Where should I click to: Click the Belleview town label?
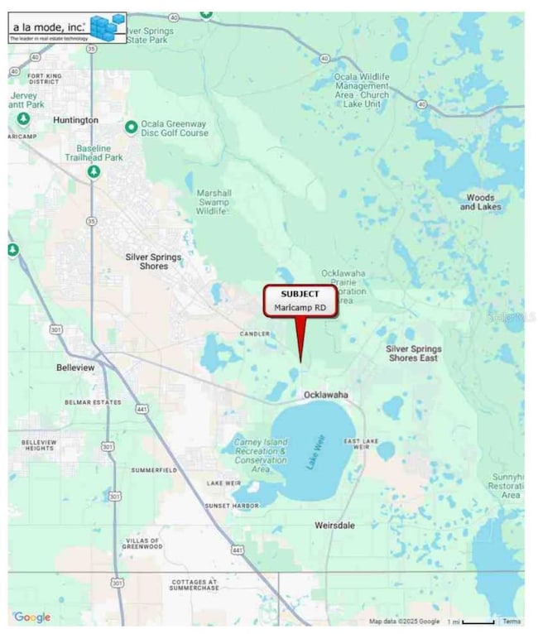pos(76,366)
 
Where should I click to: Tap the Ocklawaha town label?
pos(325,396)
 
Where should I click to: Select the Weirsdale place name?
pos(334,525)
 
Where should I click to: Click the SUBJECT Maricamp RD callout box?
pos(300,300)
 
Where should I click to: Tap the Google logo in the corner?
pos(32,617)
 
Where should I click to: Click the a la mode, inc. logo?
pos(67,28)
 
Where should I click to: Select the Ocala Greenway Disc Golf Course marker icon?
pos(131,127)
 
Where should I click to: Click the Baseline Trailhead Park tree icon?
pos(94,171)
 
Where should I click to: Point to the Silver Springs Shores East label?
pos(414,353)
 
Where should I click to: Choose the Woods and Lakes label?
pos(480,202)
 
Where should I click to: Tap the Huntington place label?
pos(75,120)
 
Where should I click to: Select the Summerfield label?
pos(154,469)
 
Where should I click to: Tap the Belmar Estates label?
pos(93,402)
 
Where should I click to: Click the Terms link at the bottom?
pos(511,621)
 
